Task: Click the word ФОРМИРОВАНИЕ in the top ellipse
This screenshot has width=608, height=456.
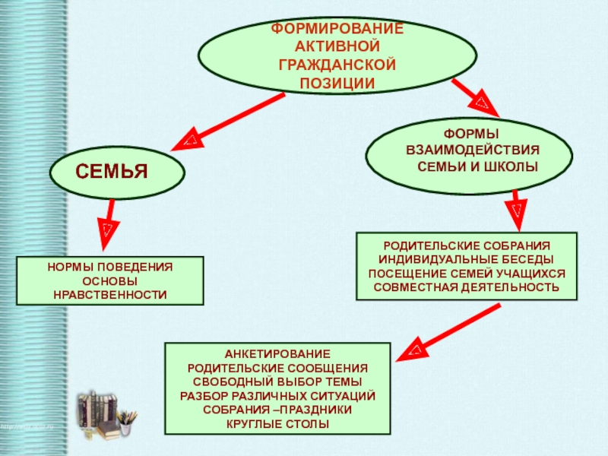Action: (x=337, y=27)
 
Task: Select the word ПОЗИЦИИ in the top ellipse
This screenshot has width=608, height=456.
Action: (x=337, y=82)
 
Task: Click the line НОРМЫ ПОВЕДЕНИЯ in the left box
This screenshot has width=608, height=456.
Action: (x=110, y=268)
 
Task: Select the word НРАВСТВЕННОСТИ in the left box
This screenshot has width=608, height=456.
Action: (x=110, y=294)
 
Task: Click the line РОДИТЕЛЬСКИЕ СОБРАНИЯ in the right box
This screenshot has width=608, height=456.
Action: (x=467, y=246)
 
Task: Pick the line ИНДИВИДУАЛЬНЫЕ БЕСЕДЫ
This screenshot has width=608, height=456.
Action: (x=467, y=260)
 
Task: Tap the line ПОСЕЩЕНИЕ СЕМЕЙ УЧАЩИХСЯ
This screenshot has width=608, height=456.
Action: (x=467, y=274)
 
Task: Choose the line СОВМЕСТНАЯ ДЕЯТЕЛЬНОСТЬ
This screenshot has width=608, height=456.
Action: (x=467, y=287)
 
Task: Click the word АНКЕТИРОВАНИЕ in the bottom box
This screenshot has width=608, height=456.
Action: (x=277, y=354)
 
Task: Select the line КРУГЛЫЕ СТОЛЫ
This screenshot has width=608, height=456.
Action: (x=277, y=423)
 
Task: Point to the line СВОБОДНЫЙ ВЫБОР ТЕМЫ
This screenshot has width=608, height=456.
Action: (x=277, y=382)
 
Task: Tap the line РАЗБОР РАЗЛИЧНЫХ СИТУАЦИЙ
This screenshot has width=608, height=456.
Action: (x=277, y=395)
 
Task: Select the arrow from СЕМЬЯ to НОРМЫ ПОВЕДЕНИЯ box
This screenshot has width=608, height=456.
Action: (x=109, y=220)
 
